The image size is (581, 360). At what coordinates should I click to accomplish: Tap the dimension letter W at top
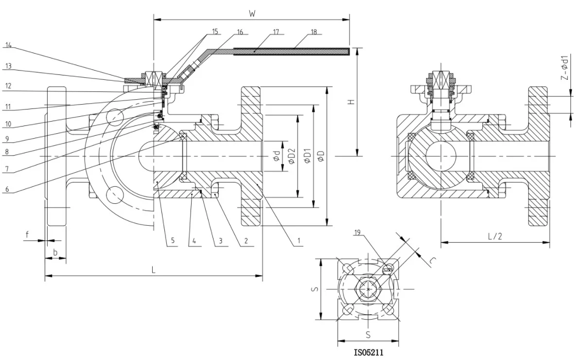[x=252, y=14]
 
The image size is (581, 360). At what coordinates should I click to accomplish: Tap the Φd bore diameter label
[x=276, y=156]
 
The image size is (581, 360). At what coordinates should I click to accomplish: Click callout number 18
[x=313, y=33]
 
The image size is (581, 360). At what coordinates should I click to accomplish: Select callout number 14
[x=8, y=46]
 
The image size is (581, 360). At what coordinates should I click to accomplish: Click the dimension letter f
[x=27, y=234]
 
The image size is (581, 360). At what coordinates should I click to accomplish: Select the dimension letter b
[x=55, y=252]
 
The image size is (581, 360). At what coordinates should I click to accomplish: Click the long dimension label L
[x=154, y=270]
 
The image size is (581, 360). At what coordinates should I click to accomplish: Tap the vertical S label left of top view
[x=315, y=289]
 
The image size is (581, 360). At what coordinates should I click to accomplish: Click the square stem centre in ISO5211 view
[x=369, y=289]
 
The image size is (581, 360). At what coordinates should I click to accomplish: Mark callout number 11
[x=8, y=105]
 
